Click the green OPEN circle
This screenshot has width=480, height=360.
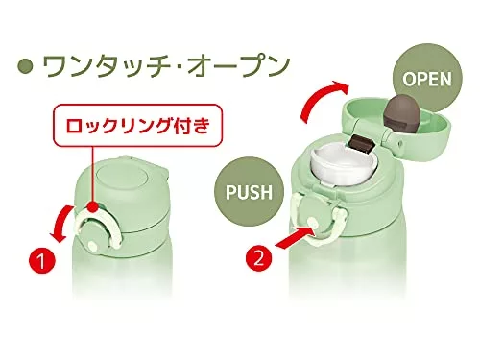[x=427, y=78]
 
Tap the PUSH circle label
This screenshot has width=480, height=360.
[x=249, y=191]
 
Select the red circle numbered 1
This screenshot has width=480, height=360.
[x=42, y=260]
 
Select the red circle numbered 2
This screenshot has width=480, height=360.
[x=259, y=258]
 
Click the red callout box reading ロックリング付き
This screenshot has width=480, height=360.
[x=138, y=125]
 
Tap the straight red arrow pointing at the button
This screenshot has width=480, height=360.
[x=295, y=237]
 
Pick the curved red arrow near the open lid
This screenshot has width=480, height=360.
[x=321, y=99]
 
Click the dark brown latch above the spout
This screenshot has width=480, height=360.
[x=364, y=143]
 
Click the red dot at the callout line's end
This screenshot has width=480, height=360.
[x=93, y=206]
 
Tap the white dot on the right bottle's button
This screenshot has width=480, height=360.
[x=312, y=222]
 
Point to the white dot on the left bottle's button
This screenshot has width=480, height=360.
[x=92, y=246]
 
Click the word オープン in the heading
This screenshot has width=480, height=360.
[x=237, y=66]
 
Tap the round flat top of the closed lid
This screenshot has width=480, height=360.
[x=122, y=177]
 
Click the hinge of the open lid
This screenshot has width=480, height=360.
[x=392, y=141]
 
